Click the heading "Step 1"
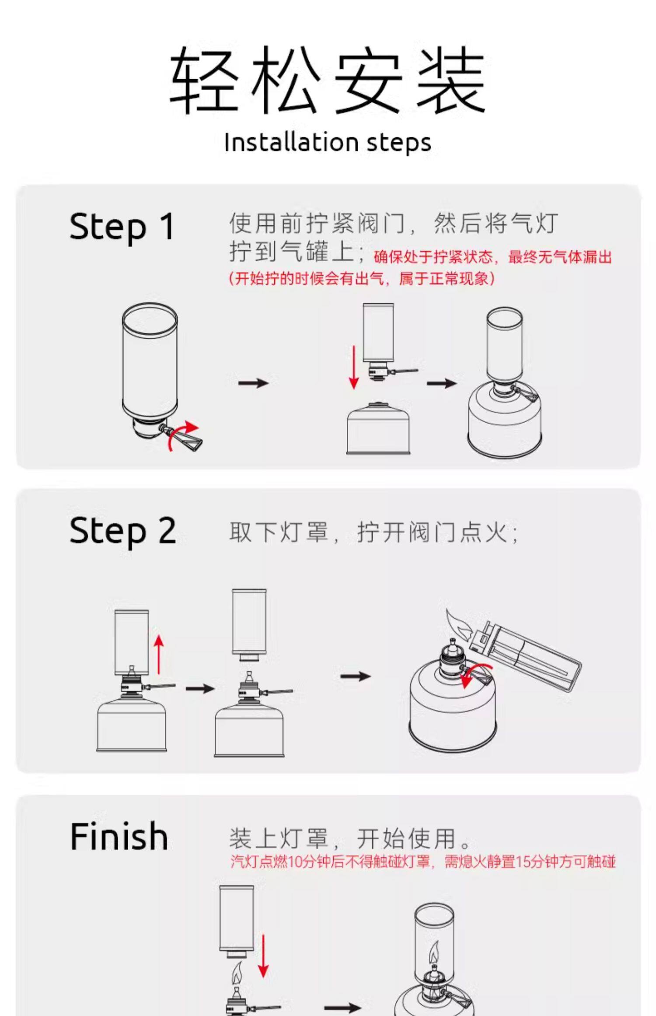(122, 227)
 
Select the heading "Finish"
(119, 836)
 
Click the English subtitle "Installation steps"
(328, 142)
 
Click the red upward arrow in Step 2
(159, 655)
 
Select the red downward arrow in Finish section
(263, 956)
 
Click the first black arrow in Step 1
(253, 383)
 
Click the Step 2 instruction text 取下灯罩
(278, 533)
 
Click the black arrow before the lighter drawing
(355, 676)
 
